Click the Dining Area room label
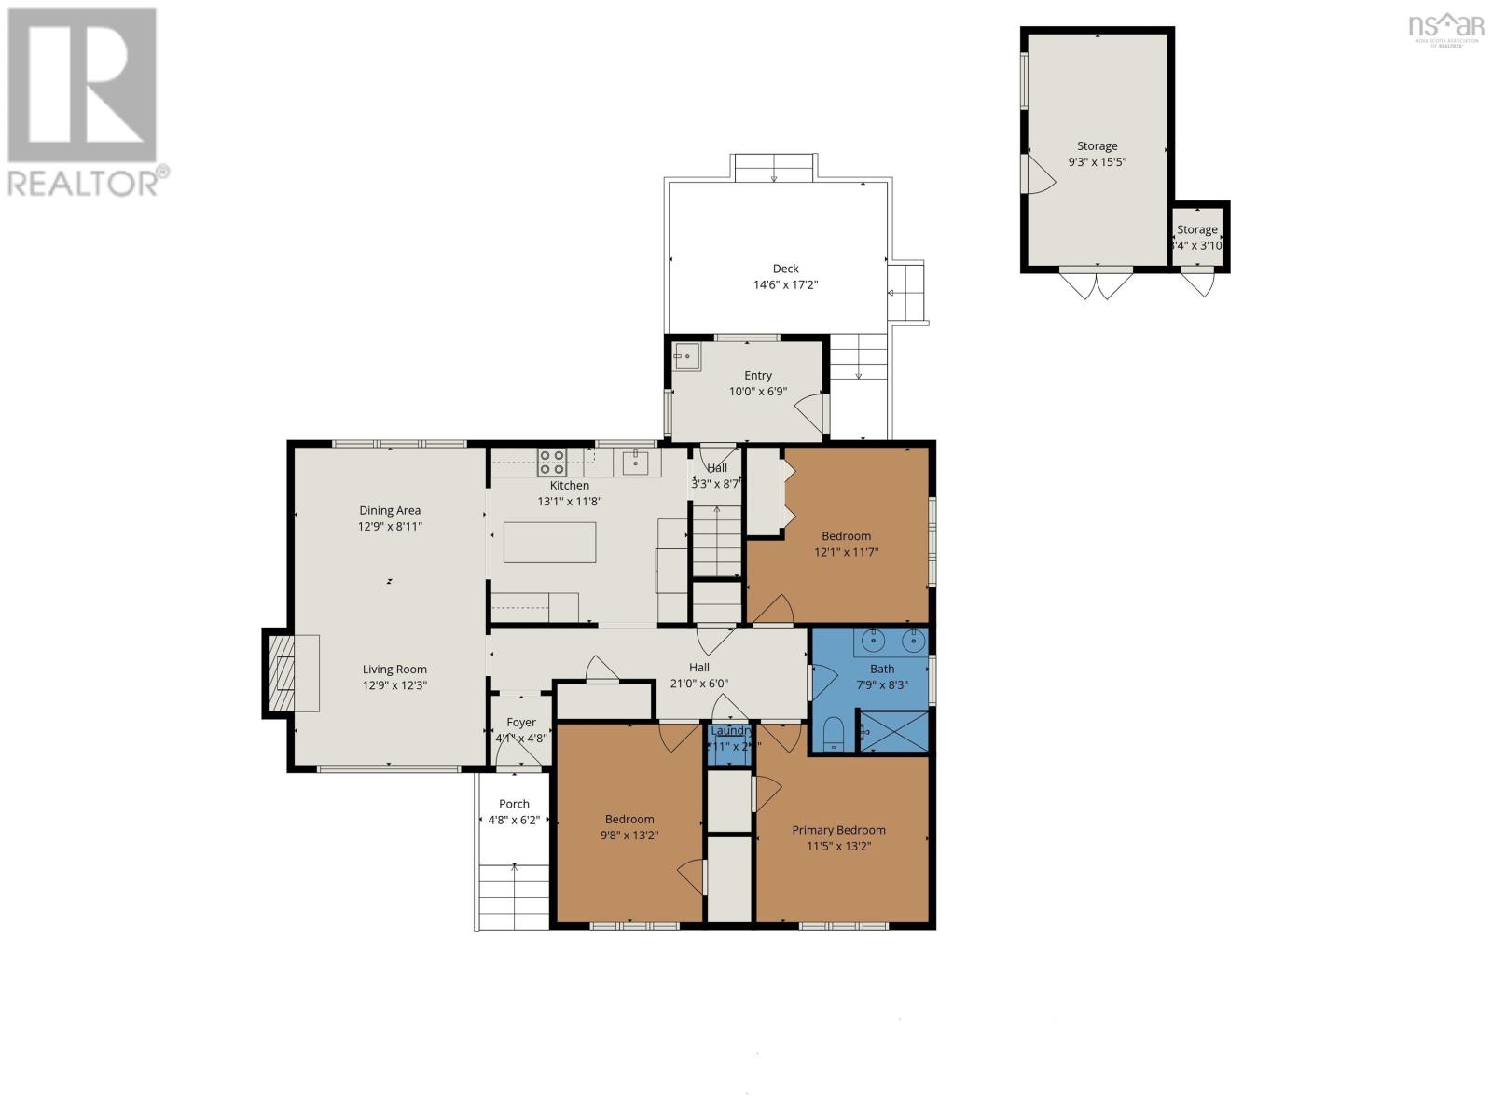[390, 510]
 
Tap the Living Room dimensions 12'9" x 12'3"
[394, 685]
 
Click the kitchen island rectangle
[549, 542]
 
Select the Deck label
[785, 269]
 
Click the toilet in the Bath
[834, 734]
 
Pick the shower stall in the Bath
[893, 730]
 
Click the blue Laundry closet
[728, 747]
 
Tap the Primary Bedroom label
[838, 830]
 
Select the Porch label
[514, 804]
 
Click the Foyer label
[521, 723]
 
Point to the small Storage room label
[1196, 229]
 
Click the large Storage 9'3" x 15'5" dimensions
[1098, 161]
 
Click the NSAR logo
[1446, 27]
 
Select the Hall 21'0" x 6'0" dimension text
[698, 684]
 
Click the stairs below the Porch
[514, 896]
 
